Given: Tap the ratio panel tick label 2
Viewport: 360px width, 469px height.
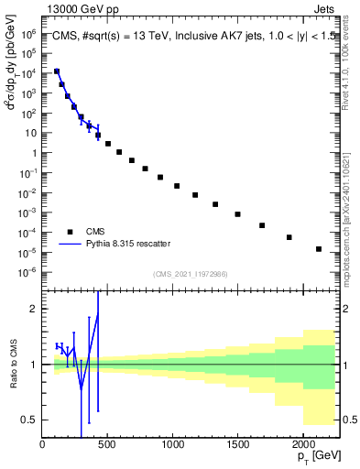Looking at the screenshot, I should pyautogui.click(x=34, y=310).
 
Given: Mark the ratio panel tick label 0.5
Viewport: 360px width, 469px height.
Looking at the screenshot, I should pyautogui.click(x=30, y=420).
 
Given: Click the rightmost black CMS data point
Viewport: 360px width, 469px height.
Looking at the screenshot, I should pyautogui.click(x=319, y=249).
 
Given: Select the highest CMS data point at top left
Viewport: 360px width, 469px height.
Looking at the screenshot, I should pyautogui.click(x=57, y=71).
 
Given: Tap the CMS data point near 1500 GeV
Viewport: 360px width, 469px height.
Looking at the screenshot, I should pyautogui.click(x=237, y=214).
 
